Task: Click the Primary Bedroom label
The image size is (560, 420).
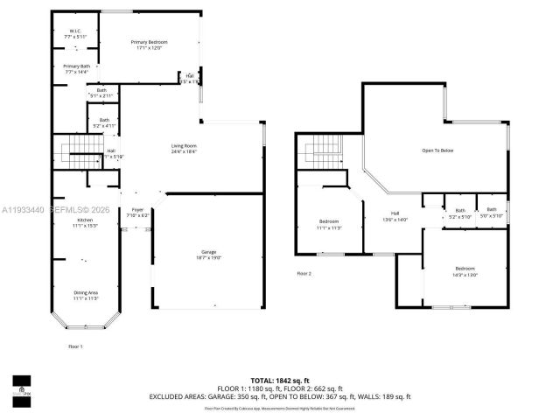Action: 149,45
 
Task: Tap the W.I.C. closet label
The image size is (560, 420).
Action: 75,34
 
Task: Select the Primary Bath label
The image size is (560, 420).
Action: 76,69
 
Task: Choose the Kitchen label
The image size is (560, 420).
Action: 84,223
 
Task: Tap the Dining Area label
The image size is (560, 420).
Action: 85,295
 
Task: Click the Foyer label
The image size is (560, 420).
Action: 137,212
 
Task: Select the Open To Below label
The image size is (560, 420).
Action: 437,150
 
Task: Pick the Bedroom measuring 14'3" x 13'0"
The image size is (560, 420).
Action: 465,271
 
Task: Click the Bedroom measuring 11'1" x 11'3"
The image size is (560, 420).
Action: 329,223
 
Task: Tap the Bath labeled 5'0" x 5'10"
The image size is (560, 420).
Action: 492,212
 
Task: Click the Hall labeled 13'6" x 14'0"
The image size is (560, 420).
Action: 395,217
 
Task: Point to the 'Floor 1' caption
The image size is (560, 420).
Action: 75,346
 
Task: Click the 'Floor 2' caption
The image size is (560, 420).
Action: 304,274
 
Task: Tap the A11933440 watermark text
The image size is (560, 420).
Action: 23,210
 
